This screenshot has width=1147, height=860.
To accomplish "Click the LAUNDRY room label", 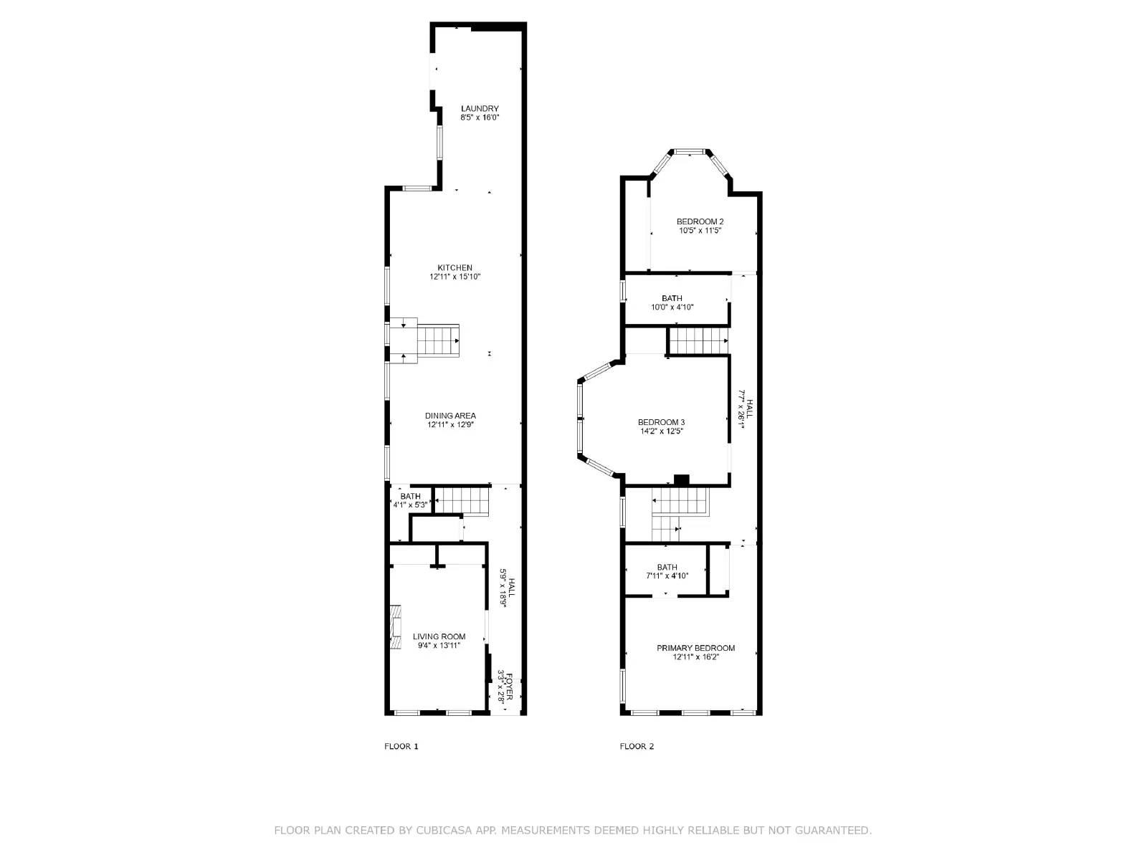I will pos(480,109).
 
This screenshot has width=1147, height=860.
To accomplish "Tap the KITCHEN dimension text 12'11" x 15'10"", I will pos(454,277).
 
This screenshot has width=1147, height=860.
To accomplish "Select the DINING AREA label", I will pos(450,416).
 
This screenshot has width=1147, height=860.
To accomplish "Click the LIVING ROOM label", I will pos(439,636).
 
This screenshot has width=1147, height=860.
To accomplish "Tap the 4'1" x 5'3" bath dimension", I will pos(410,505).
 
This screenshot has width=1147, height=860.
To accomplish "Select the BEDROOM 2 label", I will pos(700,221).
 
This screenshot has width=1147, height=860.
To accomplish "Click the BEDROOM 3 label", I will pos(661,422).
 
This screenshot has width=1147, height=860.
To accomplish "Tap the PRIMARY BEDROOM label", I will pos(695,648).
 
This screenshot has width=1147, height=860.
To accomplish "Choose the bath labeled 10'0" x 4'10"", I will pos(672,298).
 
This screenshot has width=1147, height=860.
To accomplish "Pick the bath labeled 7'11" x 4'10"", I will pos(667,567).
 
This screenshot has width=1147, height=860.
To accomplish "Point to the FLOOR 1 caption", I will pos(401,746).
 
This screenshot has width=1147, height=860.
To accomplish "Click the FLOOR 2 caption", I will pos(637,746).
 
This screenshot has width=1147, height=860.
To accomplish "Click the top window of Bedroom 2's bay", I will pos(690,152).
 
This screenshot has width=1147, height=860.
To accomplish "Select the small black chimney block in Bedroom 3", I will pos(681,479).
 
